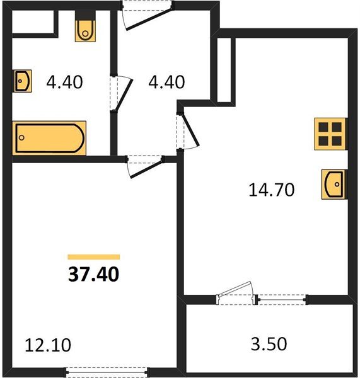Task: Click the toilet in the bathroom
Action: pos(84,29)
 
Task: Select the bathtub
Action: pos(49,137)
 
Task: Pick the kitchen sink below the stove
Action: pos(334,185)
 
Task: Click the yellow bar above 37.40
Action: pos(93,257)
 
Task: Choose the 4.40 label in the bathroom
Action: pos(65,81)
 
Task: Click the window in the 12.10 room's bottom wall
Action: pos(108,370)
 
